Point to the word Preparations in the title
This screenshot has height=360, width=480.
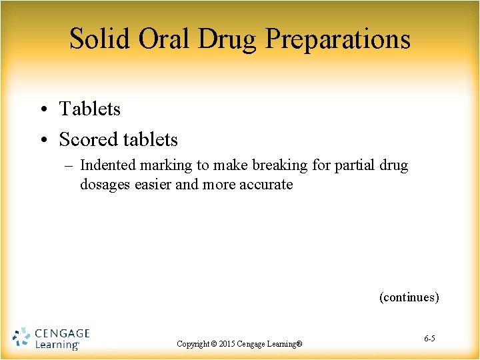338,39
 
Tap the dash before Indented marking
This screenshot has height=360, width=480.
70,165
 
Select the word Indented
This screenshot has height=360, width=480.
107,165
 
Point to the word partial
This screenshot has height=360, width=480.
353,165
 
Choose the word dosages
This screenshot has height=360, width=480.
102,185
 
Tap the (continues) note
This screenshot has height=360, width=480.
409,297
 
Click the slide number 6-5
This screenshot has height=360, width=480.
430,339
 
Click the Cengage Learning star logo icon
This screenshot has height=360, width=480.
21,338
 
